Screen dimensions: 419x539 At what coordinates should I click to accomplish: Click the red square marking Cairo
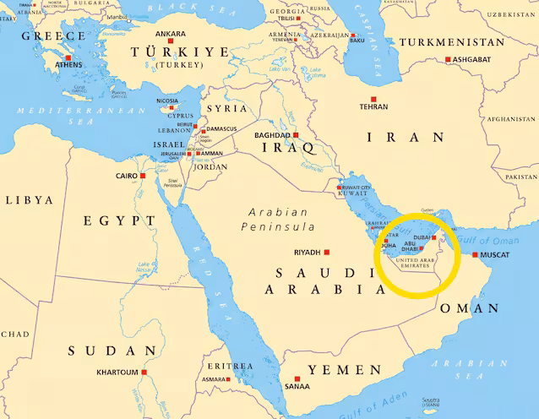[x=143, y=176]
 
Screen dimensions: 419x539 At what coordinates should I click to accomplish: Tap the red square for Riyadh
[x=327, y=252]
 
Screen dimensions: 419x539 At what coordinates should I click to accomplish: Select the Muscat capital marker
[x=475, y=254]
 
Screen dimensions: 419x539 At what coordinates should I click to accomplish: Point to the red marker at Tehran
[x=373, y=99]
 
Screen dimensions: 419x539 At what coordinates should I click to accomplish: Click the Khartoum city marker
[x=144, y=372]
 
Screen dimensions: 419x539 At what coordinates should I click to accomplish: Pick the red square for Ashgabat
[x=449, y=59]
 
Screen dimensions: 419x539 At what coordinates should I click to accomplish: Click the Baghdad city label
[x=272, y=135]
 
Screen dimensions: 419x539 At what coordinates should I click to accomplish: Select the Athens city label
[x=68, y=64]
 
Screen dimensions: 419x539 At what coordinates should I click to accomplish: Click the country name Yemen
[x=345, y=370]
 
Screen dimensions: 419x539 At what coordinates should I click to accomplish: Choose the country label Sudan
[x=112, y=351]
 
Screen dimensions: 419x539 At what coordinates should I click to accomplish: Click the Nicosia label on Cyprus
[x=167, y=101]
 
